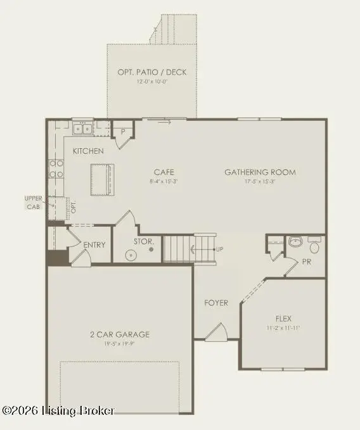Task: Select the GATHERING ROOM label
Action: [260, 172]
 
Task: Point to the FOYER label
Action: [215, 303]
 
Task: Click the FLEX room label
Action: [283, 318]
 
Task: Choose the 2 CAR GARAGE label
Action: [120, 334]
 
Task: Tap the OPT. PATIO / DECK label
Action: [152, 72]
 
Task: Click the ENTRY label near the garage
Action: [94, 245]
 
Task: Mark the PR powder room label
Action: [306, 260]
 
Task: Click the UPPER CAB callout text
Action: [34, 202]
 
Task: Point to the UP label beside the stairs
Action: [220, 249]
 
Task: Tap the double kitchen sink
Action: [83, 129]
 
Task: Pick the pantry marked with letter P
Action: [124, 132]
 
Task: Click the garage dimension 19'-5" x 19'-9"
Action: [120, 345]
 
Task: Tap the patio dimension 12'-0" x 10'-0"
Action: [152, 82]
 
